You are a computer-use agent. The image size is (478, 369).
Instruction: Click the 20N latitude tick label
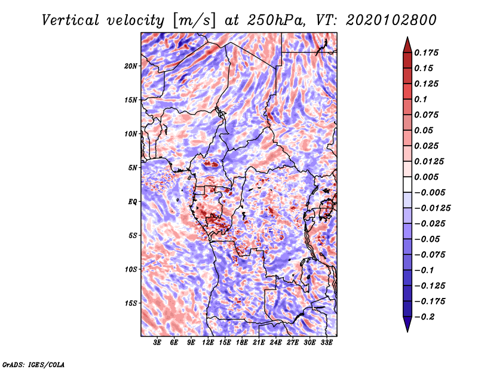coord(131,66)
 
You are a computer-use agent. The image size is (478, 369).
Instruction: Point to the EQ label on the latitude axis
coord(133,202)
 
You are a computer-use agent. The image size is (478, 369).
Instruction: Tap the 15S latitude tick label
coord(131,303)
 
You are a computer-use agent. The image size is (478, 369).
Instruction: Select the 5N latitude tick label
coord(133,168)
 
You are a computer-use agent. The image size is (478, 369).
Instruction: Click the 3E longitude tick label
coord(158,343)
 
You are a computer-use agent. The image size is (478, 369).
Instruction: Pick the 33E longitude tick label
coord(327,343)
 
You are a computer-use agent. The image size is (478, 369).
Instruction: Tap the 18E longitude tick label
coord(242,343)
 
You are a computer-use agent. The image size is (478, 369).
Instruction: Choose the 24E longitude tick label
coord(276,343)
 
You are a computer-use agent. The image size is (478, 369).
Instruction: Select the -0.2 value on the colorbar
coord(427,316)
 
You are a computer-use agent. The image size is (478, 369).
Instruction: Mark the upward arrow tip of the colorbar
coord(407,38)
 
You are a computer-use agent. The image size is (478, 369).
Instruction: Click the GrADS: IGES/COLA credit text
coord(33,364)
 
